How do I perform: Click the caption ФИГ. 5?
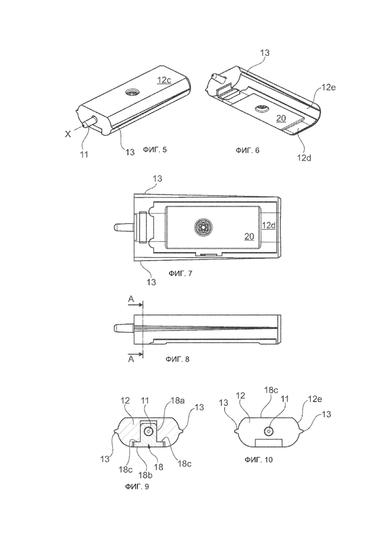pyautogui.click(x=155, y=150)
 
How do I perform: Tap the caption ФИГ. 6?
pyautogui.click(x=248, y=150)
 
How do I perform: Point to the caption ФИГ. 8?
pyautogui.click(x=177, y=359)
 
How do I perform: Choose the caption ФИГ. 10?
pyautogui.click(x=259, y=459)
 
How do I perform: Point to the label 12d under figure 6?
pyautogui.click(x=304, y=158)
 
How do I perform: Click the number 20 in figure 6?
pyautogui.click(x=281, y=118)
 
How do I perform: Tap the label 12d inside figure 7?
pyautogui.click(x=269, y=225)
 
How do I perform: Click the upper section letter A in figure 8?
pyautogui.click(x=131, y=299)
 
